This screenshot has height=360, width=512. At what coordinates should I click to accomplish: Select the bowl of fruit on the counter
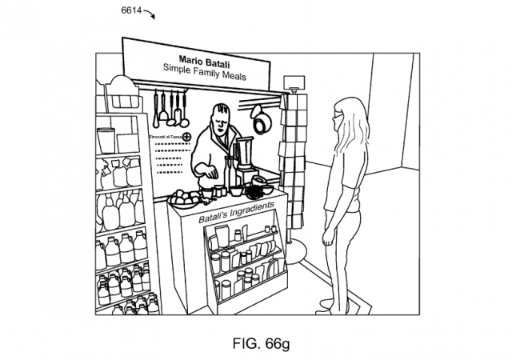pyautogui.click(x=185, y=196)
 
